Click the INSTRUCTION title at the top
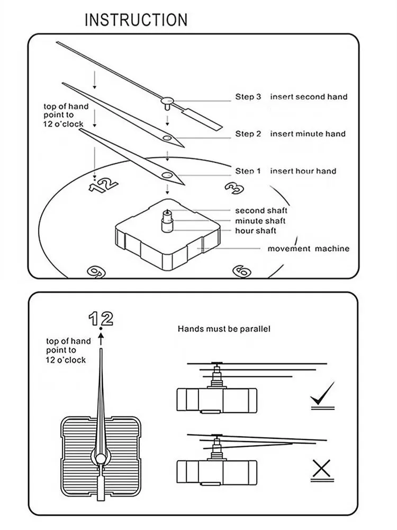136,20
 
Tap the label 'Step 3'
248,97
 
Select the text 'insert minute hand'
308,134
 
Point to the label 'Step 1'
248,171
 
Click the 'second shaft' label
261,211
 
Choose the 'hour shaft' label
256,231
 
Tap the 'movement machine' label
308,249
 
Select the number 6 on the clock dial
241,271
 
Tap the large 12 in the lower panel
101,319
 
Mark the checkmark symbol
322,395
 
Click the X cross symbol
321,468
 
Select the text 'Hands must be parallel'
224,329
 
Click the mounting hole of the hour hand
167,174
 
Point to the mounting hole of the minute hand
167,138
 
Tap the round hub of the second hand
168,100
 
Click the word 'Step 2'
248,134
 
